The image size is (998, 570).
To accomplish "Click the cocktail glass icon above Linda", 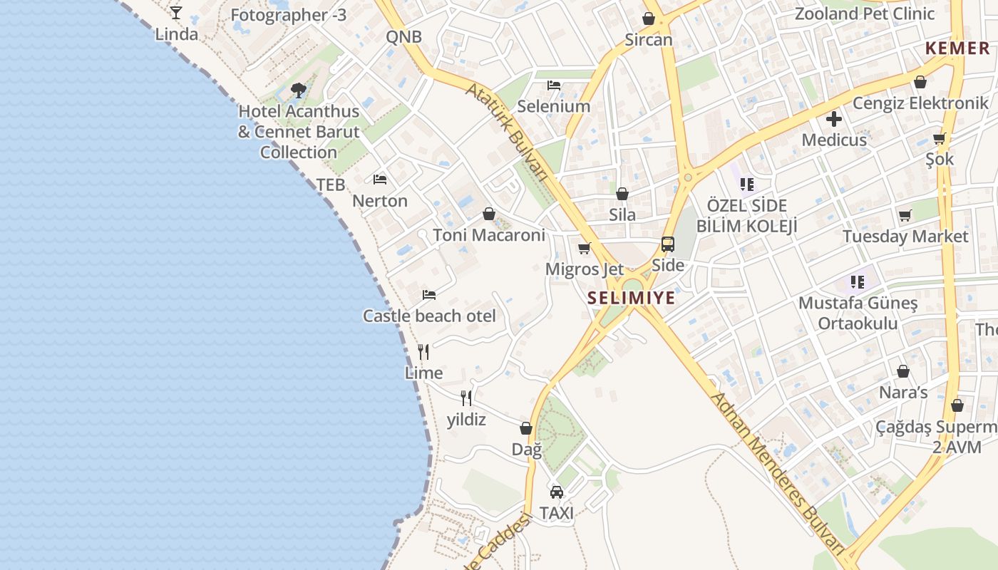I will click(x=176, y=12).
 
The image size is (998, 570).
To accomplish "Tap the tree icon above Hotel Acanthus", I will click(x=299, y=90).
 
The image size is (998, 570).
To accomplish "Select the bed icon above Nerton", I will click(x=380, y=180).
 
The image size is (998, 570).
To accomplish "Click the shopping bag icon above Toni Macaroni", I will click(x=489, y=214).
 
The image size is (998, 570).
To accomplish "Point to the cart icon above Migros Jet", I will click(x=585, y=248).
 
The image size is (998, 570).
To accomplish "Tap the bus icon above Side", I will click(x=668, y=244).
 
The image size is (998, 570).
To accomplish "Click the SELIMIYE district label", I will click(x=632, y=298).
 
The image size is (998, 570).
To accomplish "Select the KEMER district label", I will click(x=957, y=48).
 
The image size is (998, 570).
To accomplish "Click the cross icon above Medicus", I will click(x=834, y=119).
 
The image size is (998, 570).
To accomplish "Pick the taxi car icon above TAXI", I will click(x=557, y=492).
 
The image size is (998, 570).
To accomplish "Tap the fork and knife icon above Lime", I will click(x=423, y=352).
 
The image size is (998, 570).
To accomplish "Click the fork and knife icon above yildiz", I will click(x=466, y=398).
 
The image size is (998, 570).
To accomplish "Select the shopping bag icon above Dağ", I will click(x=526, y=428).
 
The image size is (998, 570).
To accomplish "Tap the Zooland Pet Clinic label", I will click(x=864, y=14).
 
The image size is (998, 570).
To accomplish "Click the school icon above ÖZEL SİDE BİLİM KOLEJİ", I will click(x=747, y=185).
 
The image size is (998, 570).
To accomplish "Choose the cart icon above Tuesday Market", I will click(x=905, y=215).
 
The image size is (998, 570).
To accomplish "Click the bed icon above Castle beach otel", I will click(x=429, y=294).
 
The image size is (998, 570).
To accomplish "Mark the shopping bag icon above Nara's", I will click(x=903, y=371).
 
